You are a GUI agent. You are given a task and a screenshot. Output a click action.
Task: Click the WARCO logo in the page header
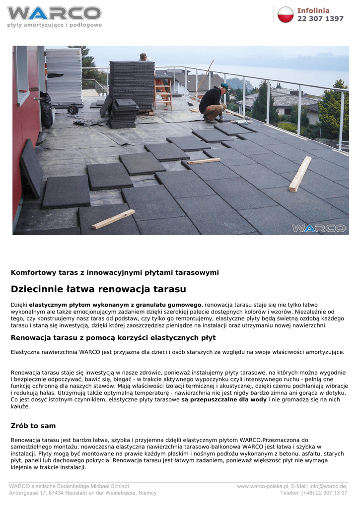[x=54, y=13]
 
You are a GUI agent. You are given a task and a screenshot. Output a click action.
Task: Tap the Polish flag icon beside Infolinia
[x=286, y=14]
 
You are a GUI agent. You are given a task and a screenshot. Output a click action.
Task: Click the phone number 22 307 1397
[x=320, y=19]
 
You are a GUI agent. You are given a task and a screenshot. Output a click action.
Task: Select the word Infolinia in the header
[x=313, y=10]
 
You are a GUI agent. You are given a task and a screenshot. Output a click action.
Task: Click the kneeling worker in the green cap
[x=214, y=103]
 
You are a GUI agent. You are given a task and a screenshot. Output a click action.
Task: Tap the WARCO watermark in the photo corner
[x=318, y=228]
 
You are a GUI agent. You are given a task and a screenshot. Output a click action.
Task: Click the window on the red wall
[x=22, y=74]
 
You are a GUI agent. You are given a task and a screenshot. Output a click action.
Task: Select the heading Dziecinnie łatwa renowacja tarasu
[x=98, y=289]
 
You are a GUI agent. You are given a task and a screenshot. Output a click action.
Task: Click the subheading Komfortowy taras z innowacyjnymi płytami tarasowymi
[x=115, y=272]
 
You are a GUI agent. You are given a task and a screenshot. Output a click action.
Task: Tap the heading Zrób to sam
[x=33, y=426]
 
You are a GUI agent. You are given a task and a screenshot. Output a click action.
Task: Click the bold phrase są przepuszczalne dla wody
[x=224, y=399]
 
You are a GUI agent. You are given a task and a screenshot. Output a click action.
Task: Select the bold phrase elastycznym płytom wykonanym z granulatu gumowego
[x=115, y=304]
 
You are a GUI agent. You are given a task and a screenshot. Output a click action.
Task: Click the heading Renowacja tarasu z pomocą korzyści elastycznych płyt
[x=113, y=338]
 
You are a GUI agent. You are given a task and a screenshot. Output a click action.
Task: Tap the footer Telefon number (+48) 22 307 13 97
[x=314, y=493]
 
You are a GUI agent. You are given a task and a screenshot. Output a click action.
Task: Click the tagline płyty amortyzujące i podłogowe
[x=54, y=25]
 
